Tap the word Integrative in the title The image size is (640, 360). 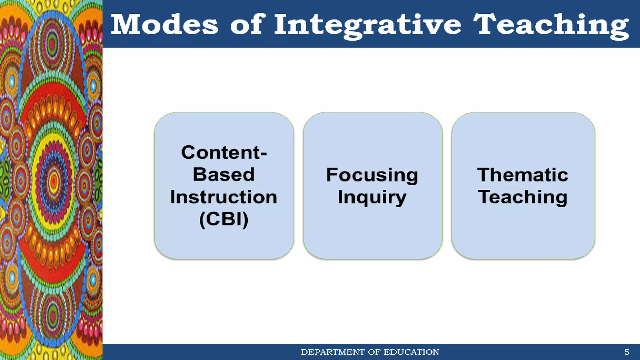(367, 25)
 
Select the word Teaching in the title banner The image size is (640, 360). (551, 25)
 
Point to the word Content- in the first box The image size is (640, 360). (224, 152)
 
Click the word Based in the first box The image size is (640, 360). (224, 174)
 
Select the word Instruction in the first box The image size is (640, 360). (224, 197)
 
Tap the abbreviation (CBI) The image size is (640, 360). (224, 219)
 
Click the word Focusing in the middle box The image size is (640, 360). (372, 175)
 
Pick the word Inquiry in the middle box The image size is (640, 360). (372, 197)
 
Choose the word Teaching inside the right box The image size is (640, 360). (522, 197)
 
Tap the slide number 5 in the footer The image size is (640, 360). (627, 352)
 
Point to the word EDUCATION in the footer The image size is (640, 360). (411, 352)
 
